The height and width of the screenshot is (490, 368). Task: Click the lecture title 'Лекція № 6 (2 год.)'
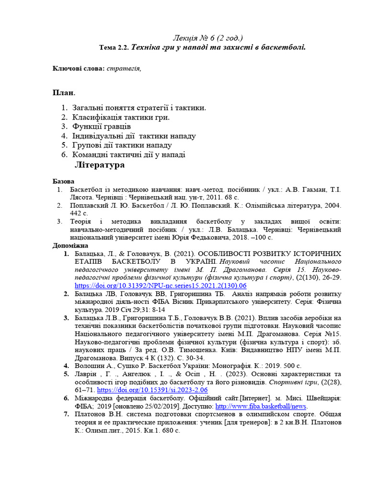207,38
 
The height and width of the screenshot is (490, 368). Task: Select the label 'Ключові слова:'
79,69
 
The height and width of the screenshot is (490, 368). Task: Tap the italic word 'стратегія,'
124,69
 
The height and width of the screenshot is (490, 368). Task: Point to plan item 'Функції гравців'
102,126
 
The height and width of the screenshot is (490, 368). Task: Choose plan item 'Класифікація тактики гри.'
121,117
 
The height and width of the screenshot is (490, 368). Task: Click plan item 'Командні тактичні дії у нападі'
129,155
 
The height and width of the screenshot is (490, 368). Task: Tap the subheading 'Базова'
63,182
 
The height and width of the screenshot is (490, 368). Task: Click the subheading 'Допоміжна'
70,246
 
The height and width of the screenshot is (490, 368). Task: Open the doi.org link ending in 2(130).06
161,286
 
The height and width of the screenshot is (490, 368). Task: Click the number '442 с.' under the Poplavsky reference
79,213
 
